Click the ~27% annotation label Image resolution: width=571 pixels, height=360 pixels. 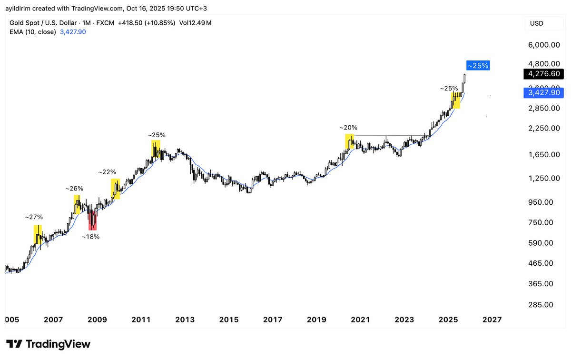tap(34, 217)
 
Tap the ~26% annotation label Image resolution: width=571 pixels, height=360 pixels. tap(74, 189)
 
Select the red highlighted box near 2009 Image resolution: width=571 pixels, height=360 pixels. tap(92, 221)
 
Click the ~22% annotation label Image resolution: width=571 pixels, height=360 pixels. tap(107, 172)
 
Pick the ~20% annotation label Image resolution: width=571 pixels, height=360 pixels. tap(348, 128)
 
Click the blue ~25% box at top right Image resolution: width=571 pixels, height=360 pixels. tap(478, 66)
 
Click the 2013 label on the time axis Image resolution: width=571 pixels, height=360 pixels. tap(185, 320)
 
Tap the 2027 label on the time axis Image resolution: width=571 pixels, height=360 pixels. tap(492, 320)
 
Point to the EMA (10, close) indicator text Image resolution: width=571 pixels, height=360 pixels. tap(33, 32)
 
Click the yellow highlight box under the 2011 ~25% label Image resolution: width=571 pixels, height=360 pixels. tap(156, 149)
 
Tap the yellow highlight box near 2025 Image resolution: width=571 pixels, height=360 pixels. tap(456, 100)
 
